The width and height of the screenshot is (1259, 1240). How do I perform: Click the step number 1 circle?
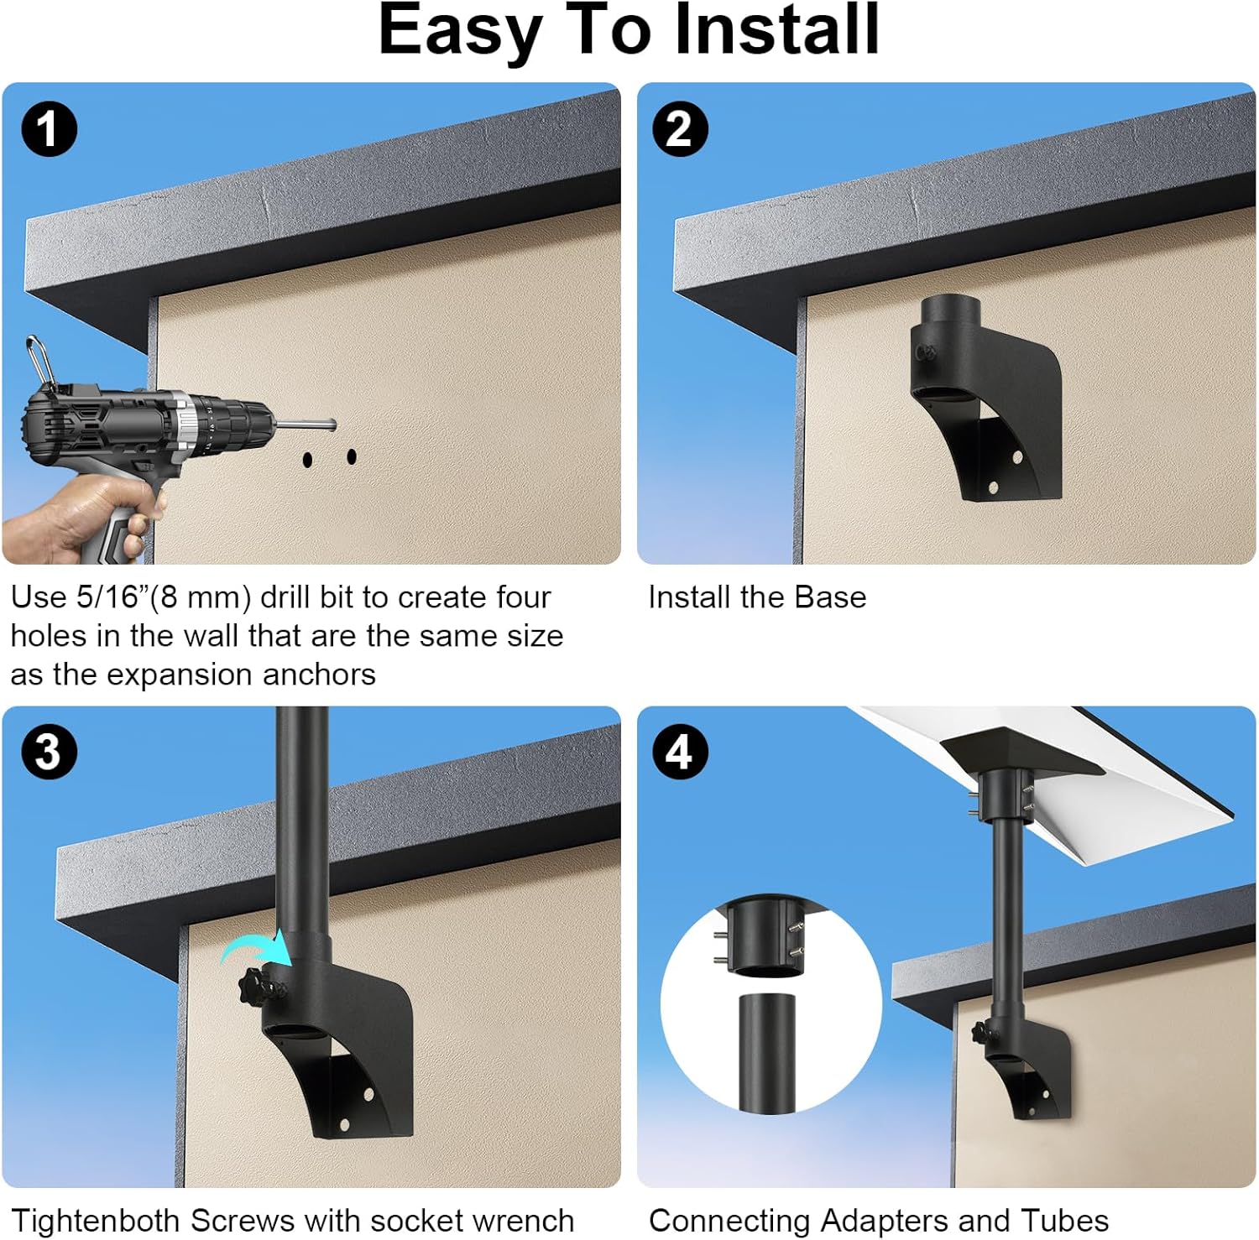click(x=49, y=129)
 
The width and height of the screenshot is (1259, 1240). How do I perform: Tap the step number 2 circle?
click(x=680, y=129)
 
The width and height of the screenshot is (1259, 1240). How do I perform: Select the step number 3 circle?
click(x=49, y=752)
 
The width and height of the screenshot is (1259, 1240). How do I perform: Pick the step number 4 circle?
click(x=680, y=752)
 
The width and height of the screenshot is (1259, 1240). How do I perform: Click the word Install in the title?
click(x=777, y=30)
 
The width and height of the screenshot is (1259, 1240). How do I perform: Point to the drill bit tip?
click(x=334, y=425)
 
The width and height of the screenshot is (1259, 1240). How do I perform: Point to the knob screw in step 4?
click(x=982, y=1032)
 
